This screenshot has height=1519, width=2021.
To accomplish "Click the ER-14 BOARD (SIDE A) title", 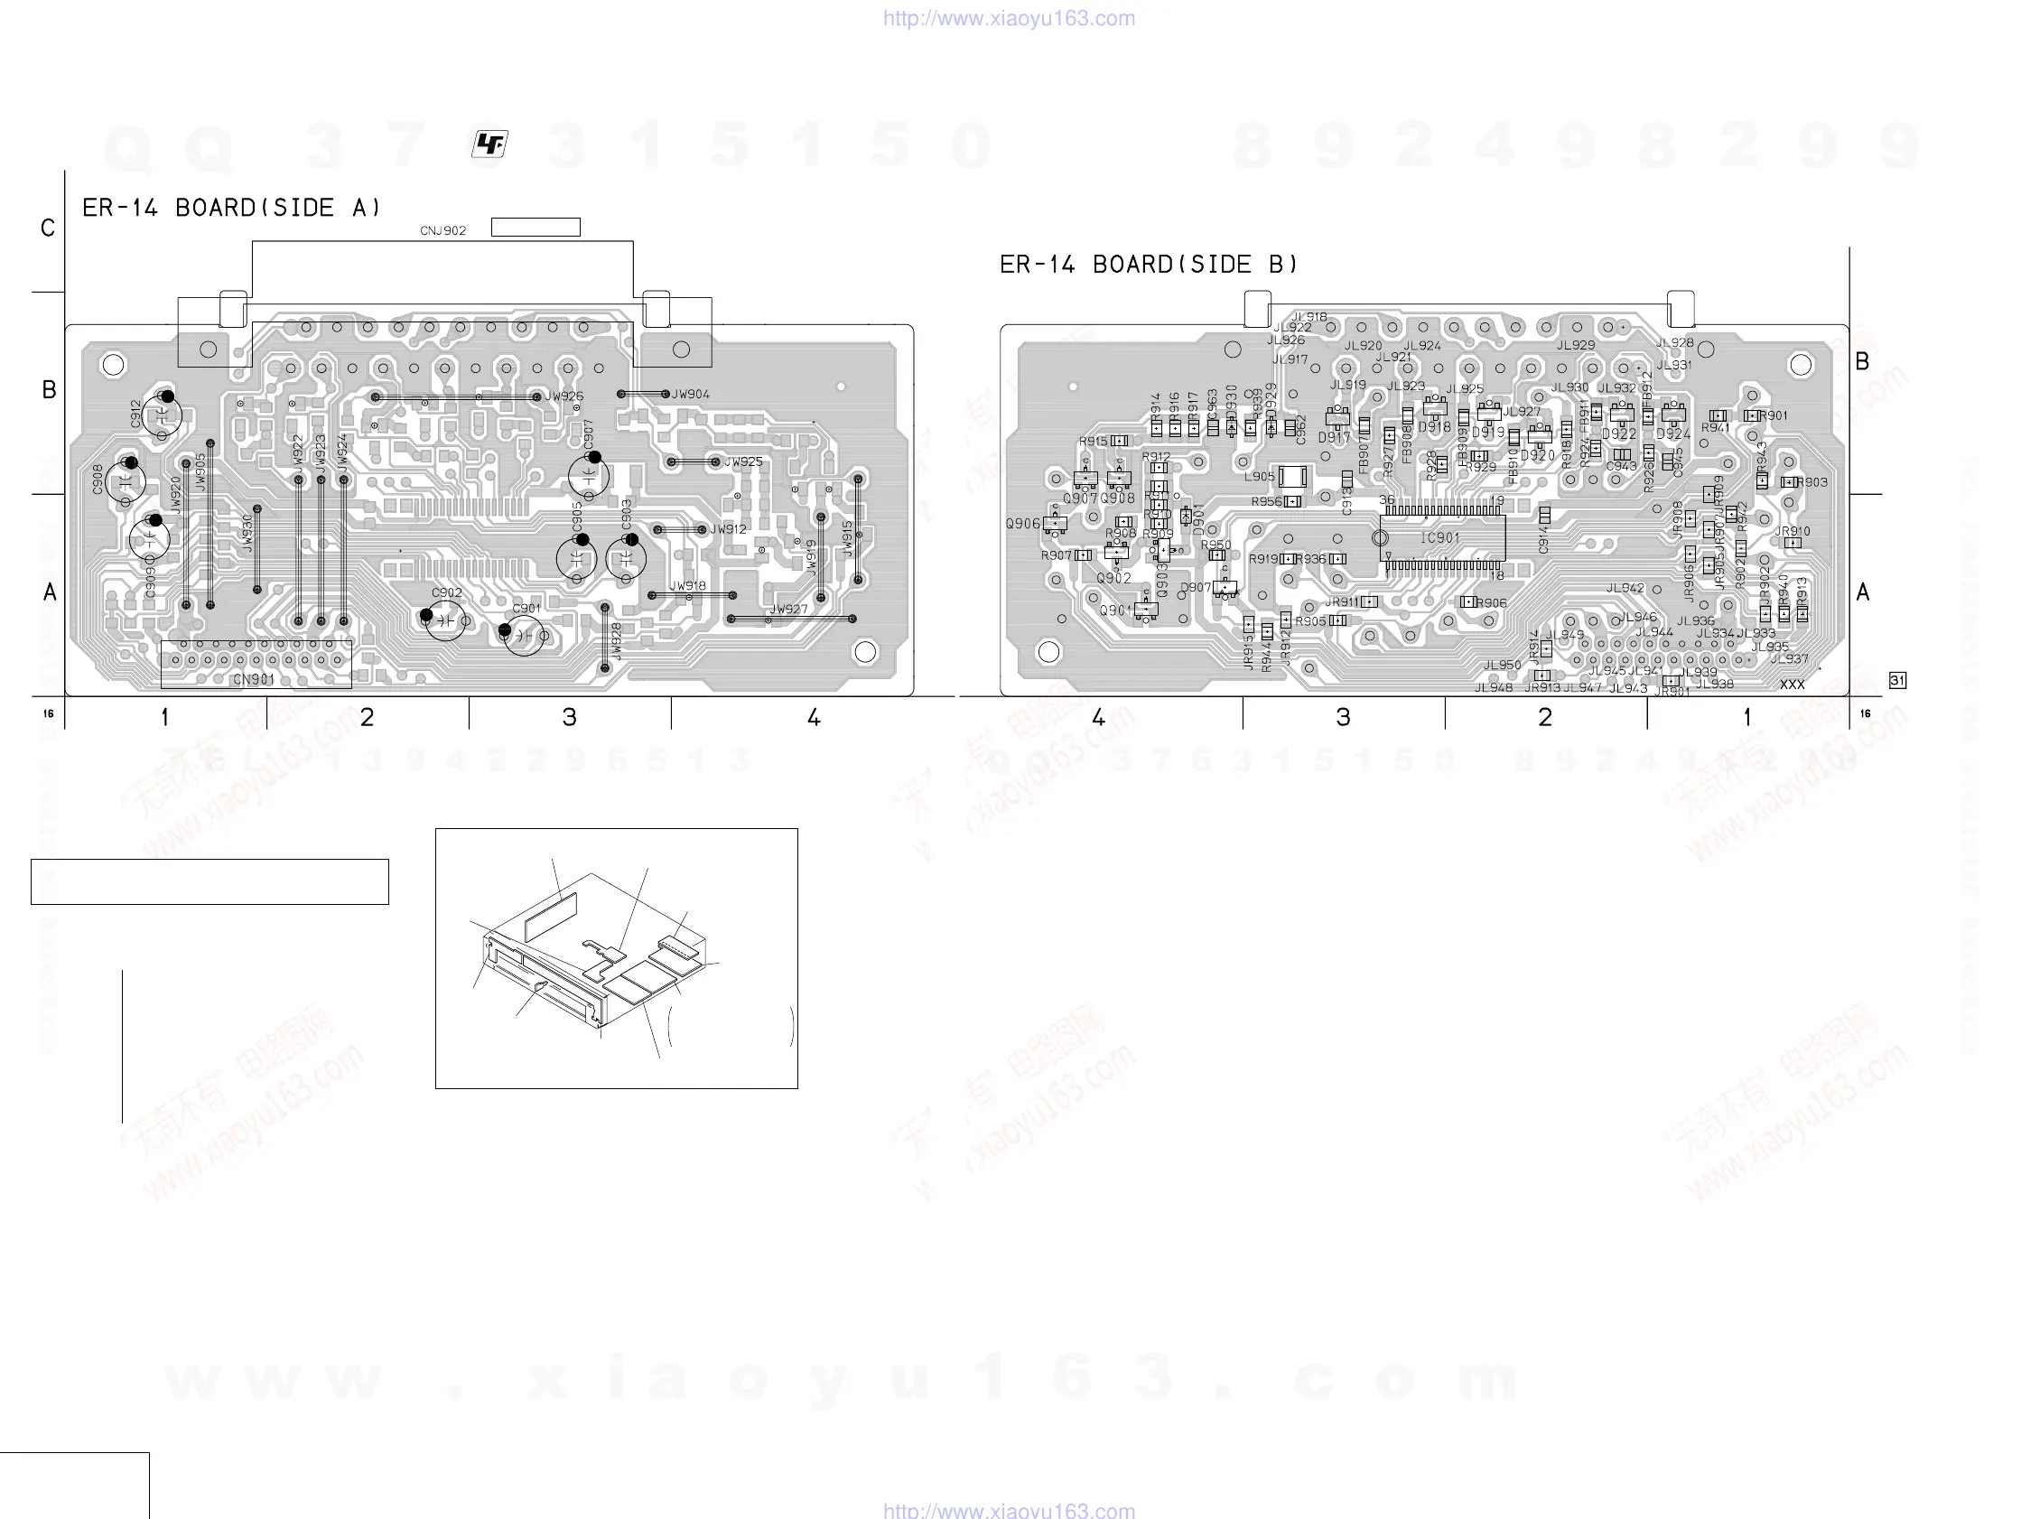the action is [232, 209].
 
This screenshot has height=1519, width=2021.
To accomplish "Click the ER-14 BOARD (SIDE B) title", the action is [1149, 265].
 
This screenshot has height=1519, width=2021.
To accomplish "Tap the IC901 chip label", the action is [1440, 538].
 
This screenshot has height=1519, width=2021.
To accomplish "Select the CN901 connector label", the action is [253, 679].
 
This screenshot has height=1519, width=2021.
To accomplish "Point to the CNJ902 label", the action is [443, 230].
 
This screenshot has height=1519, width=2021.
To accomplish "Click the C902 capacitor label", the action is [447, 593].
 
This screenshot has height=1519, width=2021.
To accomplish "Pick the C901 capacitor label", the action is [526, 609].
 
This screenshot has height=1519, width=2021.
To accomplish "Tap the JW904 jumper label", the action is [691, 395].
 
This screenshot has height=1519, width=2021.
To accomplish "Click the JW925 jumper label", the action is [743, 462].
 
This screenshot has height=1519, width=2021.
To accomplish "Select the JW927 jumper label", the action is [787, 610].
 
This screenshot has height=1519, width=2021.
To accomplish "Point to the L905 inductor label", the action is [1259, 476].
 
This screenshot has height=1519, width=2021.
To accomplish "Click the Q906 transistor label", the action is [1022, 524].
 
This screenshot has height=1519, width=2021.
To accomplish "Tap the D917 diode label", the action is [1334, 438].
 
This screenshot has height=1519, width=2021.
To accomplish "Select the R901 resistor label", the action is [1774, 415].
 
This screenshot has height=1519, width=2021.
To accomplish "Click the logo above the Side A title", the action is [489, 144].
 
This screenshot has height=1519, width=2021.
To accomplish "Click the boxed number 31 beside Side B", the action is [1897, 680].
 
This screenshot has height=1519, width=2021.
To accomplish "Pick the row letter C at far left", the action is [49, 228].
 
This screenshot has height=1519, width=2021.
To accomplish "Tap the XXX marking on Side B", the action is [1792, 685].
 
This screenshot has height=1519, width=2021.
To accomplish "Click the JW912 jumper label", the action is [728, 529].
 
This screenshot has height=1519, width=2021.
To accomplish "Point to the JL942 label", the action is [1625, 589].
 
